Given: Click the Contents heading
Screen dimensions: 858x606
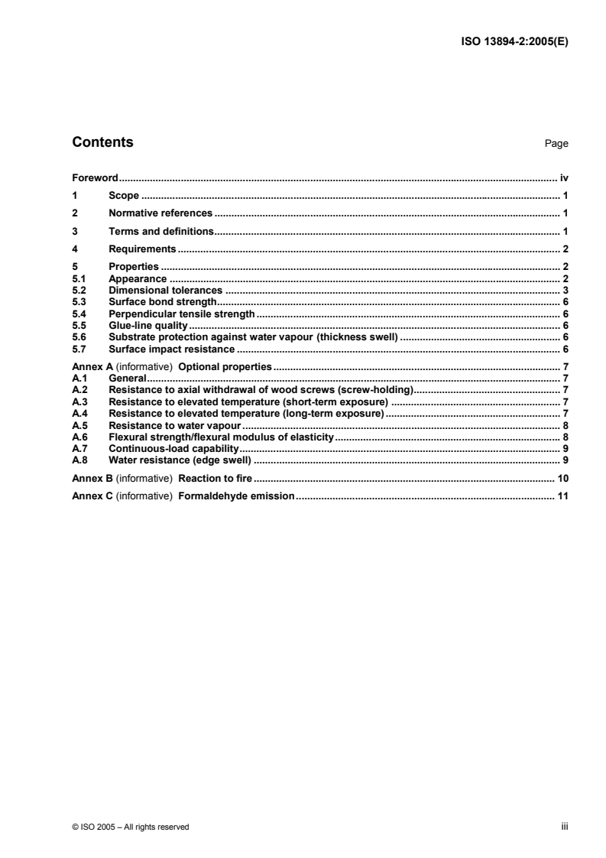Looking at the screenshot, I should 102,142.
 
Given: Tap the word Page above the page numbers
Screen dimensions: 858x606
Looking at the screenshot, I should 556,144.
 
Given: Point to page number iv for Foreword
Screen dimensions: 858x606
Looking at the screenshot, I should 564,177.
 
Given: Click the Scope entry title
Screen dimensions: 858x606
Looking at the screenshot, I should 124,195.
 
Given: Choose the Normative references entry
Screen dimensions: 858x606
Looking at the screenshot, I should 160,213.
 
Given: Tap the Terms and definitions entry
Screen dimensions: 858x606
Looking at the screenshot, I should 160,230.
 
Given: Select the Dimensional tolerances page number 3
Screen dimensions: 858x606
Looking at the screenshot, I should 565,291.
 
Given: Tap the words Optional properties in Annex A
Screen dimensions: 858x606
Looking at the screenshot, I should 225,367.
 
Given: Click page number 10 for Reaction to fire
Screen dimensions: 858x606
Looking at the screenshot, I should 562,478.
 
